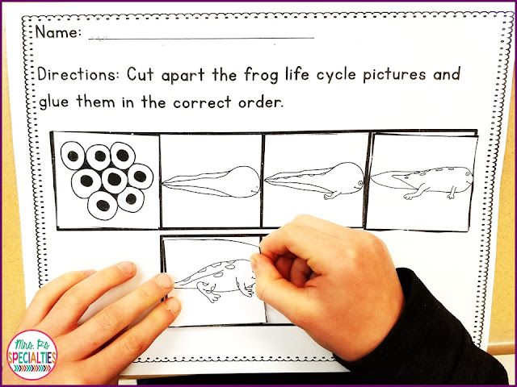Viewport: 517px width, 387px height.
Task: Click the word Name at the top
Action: pyautogui.click(x=57, y=33)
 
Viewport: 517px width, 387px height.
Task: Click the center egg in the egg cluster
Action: pyautogui.click(x=112, y=178)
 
